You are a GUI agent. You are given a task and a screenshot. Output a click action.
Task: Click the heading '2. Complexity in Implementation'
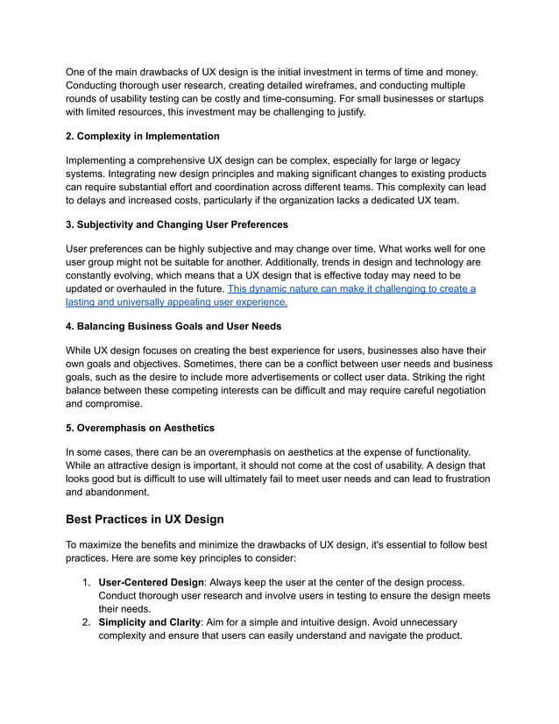pyautogui.click(x=143, y=136)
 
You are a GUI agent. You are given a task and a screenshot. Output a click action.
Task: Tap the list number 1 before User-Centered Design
pyautogui.click(x=86, y=582)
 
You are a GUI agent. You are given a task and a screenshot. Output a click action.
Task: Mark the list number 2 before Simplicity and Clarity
pyautogui.click(x=86, y=621)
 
